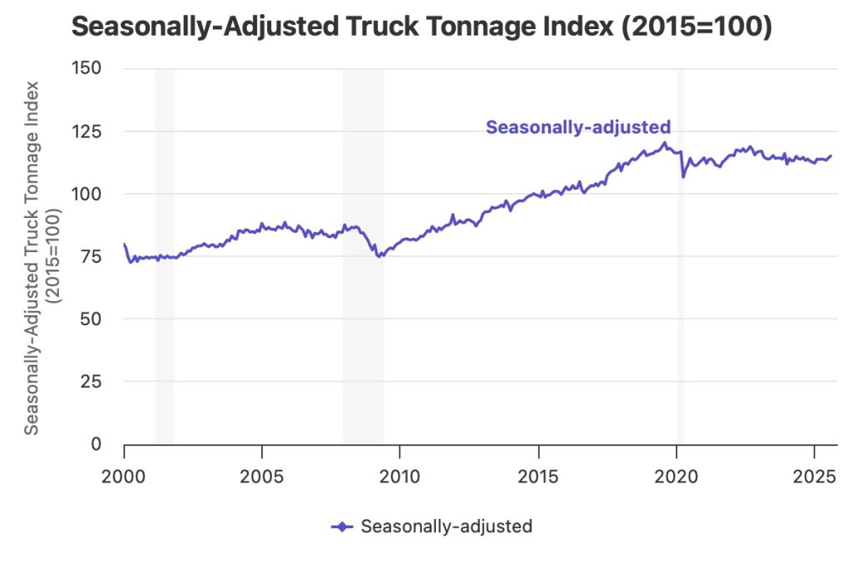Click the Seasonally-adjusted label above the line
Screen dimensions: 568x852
tap(577, 127)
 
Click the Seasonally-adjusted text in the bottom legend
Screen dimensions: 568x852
tap(446, 526)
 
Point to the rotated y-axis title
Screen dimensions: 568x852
tap(42, 257)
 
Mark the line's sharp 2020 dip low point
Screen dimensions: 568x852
tap(683, 177)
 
